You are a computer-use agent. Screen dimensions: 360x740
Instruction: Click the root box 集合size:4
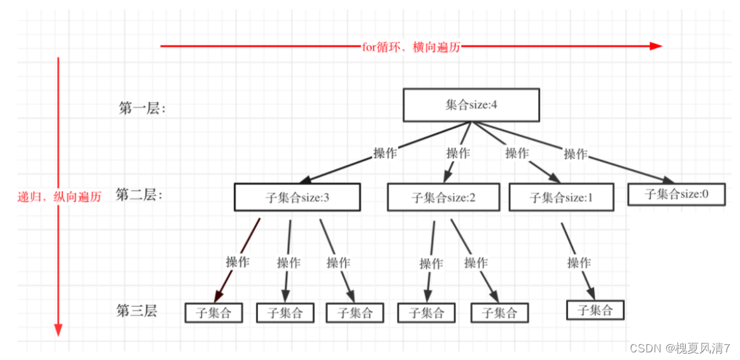pyautogui.click(x=471, y=105)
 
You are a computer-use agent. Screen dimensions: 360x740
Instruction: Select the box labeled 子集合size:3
pyautogui.click(x=297, y=197)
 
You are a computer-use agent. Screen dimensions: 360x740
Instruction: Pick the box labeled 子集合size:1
pyautogui.click(x=561, y=197)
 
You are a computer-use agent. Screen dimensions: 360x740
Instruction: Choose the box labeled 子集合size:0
pyautogui.click(x=676, y=194)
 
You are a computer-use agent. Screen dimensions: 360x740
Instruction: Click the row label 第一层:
pyautogui.click(x=142, y=108)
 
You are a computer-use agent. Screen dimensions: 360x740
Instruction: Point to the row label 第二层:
pyautogui.click(x=139, y=195)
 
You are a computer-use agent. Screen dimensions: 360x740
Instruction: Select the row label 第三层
pyautogui.click(x=136, y=311)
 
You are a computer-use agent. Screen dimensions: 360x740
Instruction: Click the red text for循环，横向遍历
pyautogui.click(x=411, y=46)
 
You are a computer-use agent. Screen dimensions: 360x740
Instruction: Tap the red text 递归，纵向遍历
pyautogui.click(x=59, y=197)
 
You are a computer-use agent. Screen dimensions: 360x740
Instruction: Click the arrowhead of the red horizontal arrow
pyautogui.click(x=656, y=46)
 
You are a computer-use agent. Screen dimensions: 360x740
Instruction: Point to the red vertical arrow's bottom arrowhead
pyautogui.click(x=58, y=329)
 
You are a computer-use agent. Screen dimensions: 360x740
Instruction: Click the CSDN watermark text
pyautogui.click(x=680, y=348)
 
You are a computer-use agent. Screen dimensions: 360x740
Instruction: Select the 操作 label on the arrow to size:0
pyautogui.click(x=575, y=154)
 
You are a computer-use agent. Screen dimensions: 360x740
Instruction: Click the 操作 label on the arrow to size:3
pyautogui.click(x=385, y=153)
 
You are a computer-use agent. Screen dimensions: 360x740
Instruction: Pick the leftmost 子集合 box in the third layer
pyautogui.click(x=214, y=313)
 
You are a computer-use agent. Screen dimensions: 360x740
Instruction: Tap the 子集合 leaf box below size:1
pyautogui.click(x=595, y=310)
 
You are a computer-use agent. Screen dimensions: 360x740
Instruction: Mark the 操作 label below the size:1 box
pyautogui.click(x=578, y=263)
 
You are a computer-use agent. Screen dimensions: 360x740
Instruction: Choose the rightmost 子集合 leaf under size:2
pyautogui.click(x=500, y=313)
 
